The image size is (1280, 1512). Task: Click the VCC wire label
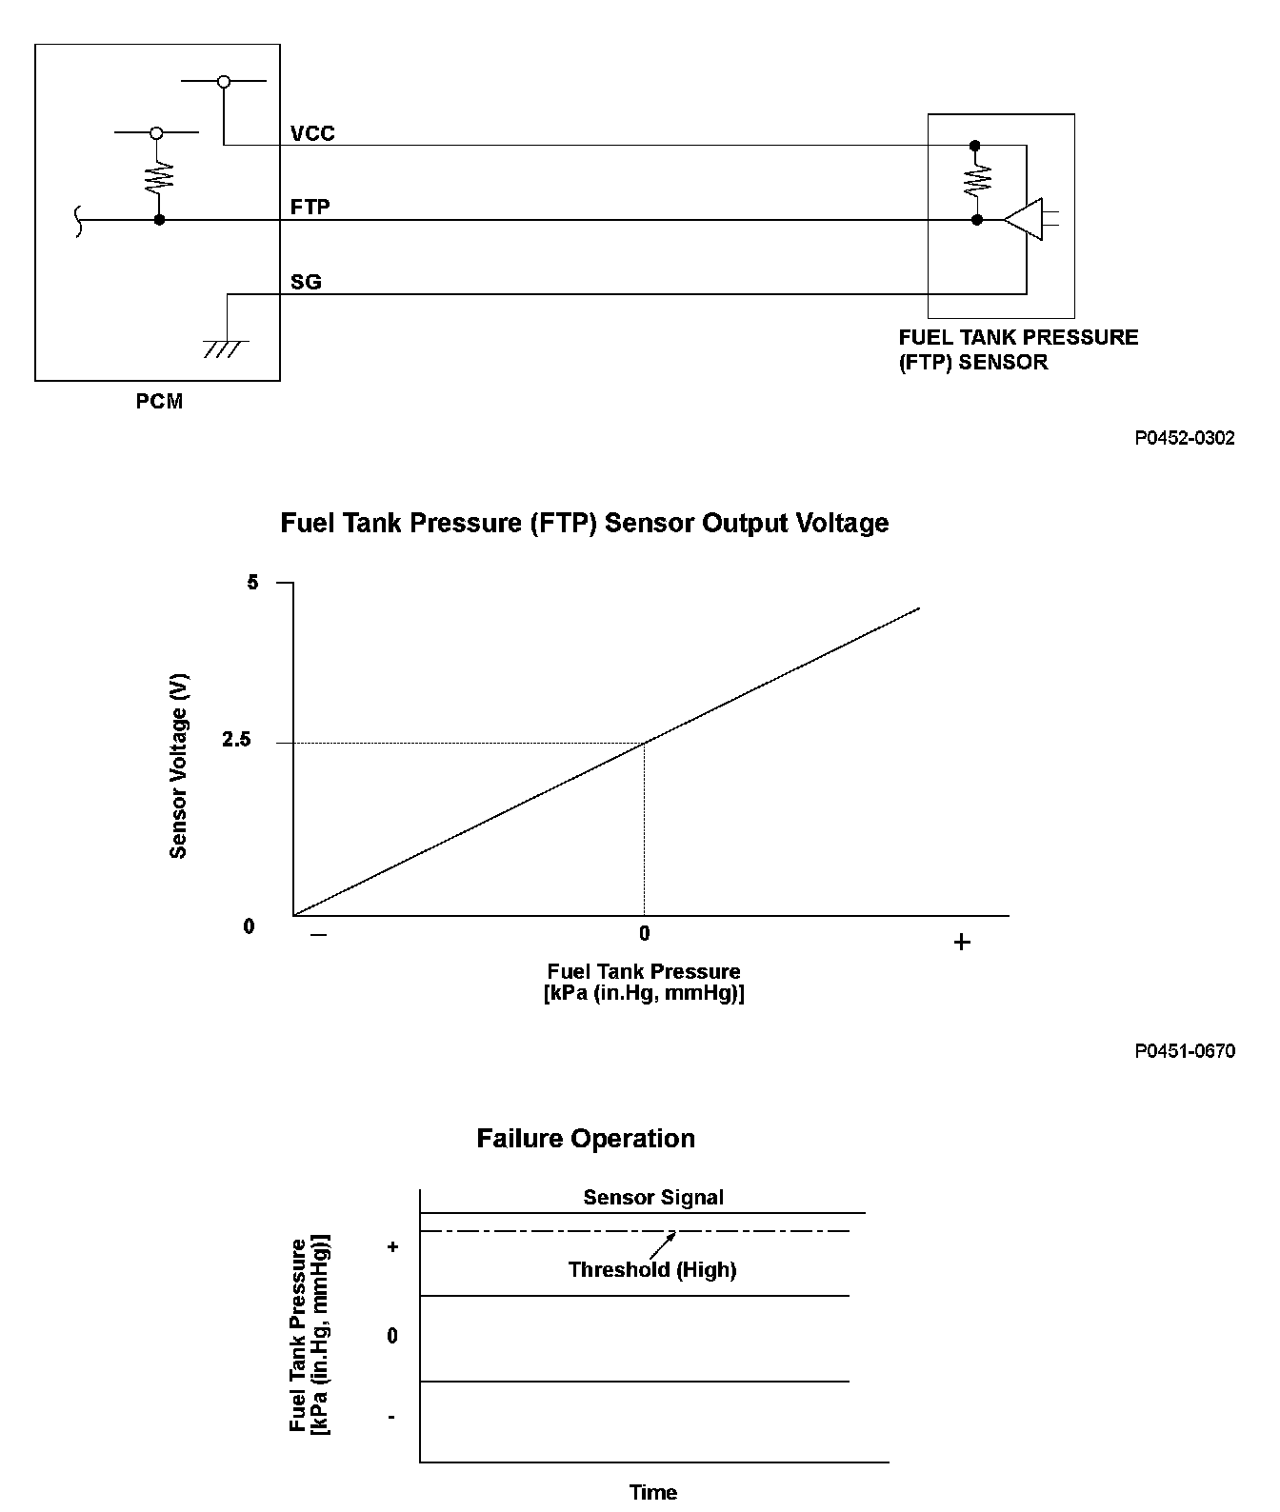312,133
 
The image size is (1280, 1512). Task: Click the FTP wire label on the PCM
310,207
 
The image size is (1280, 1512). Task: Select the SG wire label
306,282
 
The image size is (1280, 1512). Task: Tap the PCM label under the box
159,402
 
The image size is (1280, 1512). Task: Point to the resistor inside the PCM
159,176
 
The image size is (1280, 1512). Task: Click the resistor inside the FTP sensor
976,181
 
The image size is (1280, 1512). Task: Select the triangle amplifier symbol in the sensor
1024,219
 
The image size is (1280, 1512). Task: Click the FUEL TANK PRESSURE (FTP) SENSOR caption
1018,349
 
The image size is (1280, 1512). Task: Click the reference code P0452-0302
1185,438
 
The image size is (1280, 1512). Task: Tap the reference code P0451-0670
1185,1051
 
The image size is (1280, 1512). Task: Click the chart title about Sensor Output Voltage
584,523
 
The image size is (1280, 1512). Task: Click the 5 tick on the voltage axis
252,582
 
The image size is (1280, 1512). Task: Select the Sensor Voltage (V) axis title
178,766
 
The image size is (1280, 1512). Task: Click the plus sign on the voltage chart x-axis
962,943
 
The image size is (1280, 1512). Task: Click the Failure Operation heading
586,1139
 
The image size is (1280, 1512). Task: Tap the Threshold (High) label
652,1269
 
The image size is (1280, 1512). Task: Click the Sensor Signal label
653,1198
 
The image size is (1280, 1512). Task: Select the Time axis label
653,1492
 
